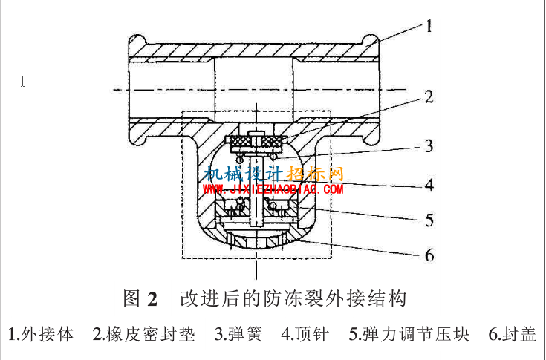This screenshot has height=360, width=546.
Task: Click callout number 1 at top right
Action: click(x=429, y=26)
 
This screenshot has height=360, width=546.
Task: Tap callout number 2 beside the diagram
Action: click(x=429, y=97)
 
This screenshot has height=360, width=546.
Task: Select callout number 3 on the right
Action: click(x=429, y=146)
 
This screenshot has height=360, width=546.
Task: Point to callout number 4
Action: click(x=429, y=185)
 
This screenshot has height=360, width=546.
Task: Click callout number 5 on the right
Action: click(x=429, y=220)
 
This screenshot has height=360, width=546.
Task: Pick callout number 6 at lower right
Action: click(x=429, y=255)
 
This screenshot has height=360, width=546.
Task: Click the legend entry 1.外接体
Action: click(x=41, y=334)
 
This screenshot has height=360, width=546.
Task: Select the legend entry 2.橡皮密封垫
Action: click(x=143, y=334)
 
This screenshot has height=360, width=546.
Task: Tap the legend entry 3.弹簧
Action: click(x=238, y=334)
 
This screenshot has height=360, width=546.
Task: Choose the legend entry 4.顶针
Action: click(x=305, y=334)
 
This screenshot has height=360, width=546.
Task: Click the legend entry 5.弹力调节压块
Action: click(x=409, y=334)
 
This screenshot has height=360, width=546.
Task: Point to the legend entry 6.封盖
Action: click(x=513, y=334)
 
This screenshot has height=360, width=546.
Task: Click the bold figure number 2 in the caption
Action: click(x=152, y=299)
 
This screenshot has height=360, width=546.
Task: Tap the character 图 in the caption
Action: click(x=132, y=298)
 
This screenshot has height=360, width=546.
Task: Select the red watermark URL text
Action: click(x=273, y=189)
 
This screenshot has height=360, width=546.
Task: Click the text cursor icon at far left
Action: click(x=22, y=82)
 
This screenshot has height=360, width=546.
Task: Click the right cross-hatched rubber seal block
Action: click(x=273, y=142)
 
